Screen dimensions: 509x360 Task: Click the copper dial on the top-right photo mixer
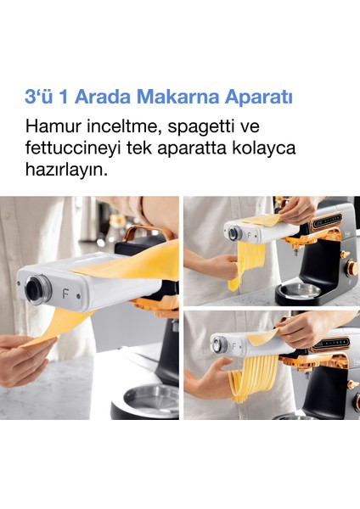[x=352, y=268]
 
